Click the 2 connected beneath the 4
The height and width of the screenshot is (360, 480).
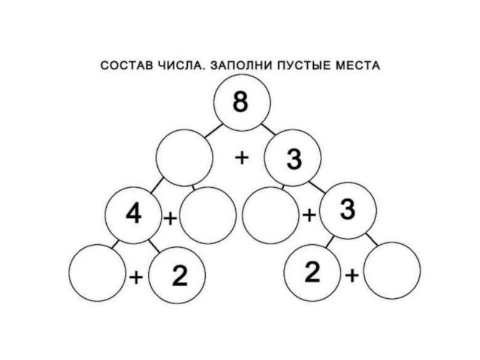[178, 275]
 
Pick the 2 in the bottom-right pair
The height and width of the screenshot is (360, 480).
[313, 272]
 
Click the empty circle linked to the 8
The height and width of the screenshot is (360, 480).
[184, 158]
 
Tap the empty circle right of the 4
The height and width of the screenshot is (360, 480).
[207, 215]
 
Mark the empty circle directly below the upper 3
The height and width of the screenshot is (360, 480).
[271, 214]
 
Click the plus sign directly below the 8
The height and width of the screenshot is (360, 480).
[241, 158]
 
